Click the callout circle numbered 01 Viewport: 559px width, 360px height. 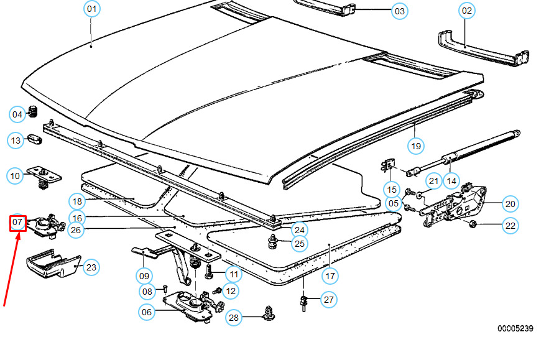91,9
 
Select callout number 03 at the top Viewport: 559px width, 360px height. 399,11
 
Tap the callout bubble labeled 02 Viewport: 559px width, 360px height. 466,11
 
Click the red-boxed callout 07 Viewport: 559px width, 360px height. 17,222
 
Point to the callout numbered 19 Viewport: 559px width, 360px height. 415,146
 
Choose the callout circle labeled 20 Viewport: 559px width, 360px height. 510,203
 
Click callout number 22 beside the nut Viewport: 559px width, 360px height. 510,226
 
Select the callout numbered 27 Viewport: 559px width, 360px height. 329,300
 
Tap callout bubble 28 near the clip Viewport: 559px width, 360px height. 233,318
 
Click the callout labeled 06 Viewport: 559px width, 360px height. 146,313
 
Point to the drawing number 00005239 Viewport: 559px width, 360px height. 515,328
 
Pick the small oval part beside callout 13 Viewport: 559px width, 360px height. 34,141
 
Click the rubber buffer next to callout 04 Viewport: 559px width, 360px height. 35,113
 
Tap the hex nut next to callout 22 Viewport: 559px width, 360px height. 472,224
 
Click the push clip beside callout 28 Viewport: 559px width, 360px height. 269,313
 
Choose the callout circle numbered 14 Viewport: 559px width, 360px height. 451,181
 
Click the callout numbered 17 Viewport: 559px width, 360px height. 330,275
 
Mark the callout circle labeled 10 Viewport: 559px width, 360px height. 16,176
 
